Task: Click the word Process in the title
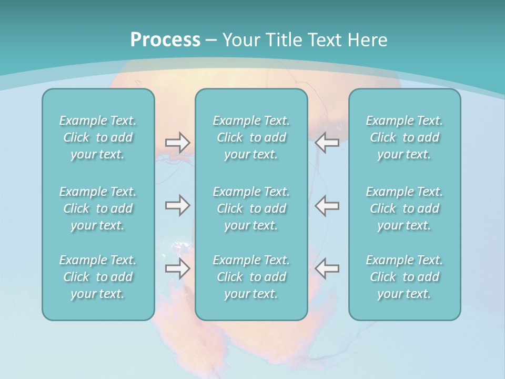point(165,40)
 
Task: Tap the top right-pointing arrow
point(177,143)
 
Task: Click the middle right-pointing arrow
point(177,205)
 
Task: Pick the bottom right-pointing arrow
point(177,268)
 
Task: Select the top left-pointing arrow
point(327,143)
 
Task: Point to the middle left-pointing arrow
point(327,205)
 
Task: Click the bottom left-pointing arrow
point(327,268)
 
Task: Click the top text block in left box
point(98,137)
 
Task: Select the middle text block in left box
point(98,208)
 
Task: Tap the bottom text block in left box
point(98,277)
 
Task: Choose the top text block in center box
point(251,137)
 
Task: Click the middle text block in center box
point(251,208)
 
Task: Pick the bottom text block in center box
point(251,277)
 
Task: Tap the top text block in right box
point(405,137)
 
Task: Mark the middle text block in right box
point(405,208)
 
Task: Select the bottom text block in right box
point(405,277)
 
